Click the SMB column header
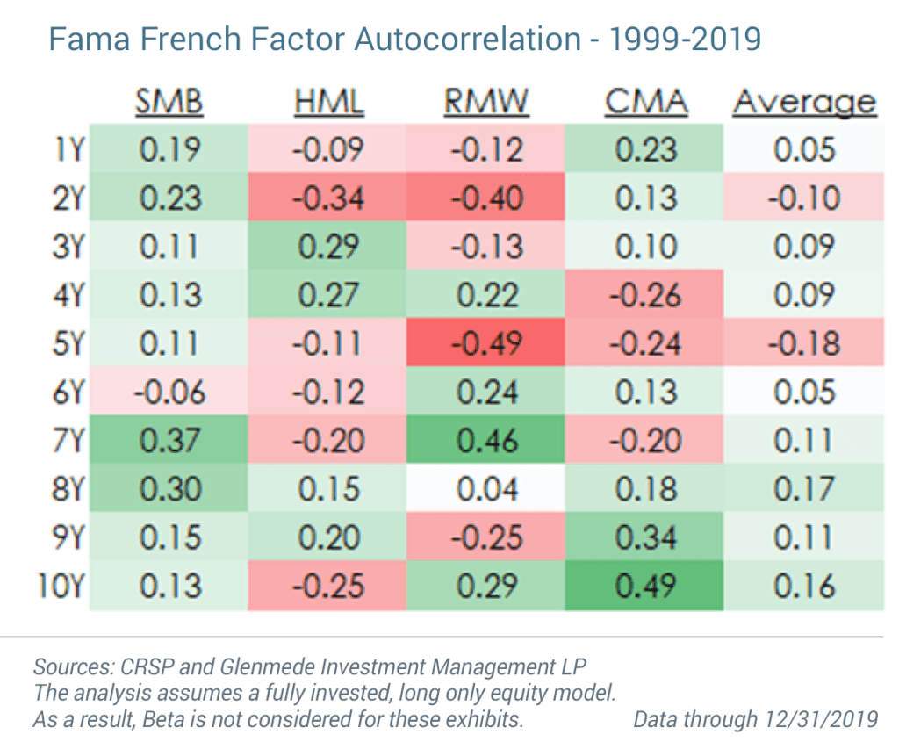click(x=169, y=102)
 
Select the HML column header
click(x=328, y=102)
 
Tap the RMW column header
click(x=486, y=102)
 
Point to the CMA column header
click(x=645, y=102)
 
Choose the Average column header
click(x=804, y=102)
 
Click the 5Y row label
click(x=66, y=342)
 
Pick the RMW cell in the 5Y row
click(x=486, y=342)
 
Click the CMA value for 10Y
click(x=645, y=585)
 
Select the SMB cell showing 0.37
click(x=169, y=439)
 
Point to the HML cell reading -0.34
click(x=328, y=198)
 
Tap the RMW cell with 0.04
click(x=486, y=487)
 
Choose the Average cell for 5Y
click(x=804, y=342)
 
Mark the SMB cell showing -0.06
click(x=169, y=391)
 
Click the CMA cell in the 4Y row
click(x=645, y=294)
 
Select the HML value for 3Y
click(x=328, y=246)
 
